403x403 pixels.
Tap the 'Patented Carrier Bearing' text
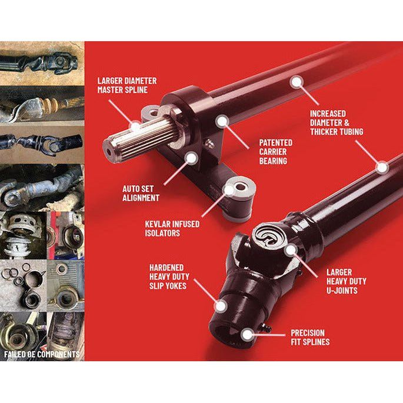click(x=275, y=151)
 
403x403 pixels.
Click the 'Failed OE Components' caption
click(x=42, y=354)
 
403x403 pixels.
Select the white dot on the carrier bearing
click(x=221, y=121)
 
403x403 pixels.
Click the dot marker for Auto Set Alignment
click(x=191, y=157)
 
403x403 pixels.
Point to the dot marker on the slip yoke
click(x=221, y=305)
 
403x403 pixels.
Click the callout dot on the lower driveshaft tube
click(x=382, y=168)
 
